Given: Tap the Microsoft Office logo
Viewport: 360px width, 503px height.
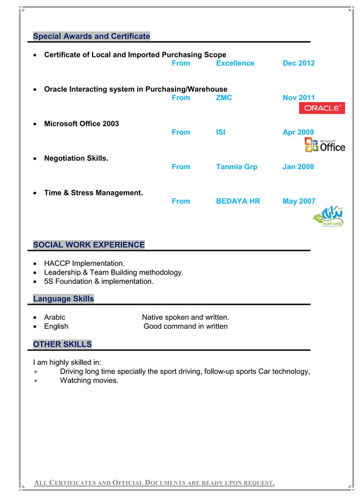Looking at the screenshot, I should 324,145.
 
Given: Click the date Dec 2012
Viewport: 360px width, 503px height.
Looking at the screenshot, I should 298,63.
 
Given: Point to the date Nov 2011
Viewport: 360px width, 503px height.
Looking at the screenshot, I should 298,98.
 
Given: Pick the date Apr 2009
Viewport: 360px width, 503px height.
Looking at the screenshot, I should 298,132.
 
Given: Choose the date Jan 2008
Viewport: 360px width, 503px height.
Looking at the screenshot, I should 298,166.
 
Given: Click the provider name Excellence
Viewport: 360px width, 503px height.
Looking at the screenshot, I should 235,63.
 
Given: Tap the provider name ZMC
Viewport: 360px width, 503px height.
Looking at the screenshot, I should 224,98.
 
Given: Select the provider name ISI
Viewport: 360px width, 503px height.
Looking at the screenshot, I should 221,132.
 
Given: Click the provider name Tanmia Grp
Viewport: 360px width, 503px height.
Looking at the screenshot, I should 236,166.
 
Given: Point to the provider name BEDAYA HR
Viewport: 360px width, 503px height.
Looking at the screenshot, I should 238,201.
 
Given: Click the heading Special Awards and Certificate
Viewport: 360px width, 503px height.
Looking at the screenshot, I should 91,36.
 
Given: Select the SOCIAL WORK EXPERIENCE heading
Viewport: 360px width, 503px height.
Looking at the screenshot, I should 89,245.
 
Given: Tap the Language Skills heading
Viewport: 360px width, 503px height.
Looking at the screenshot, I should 63,298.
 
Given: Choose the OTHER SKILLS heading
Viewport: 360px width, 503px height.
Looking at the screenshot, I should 62,344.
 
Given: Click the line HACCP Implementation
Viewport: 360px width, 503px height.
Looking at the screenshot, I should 84,263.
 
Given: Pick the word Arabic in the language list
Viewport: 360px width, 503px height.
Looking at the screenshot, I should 55,317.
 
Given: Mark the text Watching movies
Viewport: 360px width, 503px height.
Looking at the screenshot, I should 89,381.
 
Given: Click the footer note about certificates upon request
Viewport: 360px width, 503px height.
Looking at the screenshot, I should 154,482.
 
